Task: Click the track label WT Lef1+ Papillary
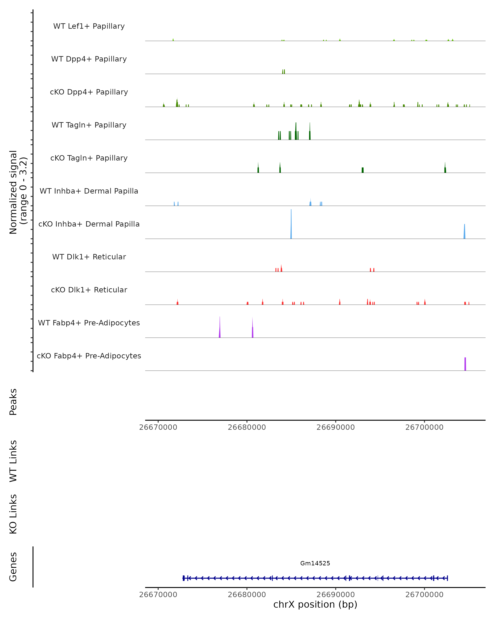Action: pyautogui.click(x=89, y=26)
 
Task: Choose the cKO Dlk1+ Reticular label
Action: pyautogui.click(x=89, y=290)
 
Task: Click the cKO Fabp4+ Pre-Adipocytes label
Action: pyautogui.click(x=89, y=356)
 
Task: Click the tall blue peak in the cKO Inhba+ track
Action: pyautogui.click(x=291, y=225)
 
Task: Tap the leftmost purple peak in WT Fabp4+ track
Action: pyautogui.click(x=220, y=329)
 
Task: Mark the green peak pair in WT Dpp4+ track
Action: pyautogui.click(x=284, y=72)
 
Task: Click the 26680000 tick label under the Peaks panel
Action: pyautogui.click(x=247, y=427)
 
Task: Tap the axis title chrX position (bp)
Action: pyautogui.click(x=315, y=604)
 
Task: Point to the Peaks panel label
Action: pyautogui.click(x=13, y=402)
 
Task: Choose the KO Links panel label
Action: pyautogui.click(x=13, y=514)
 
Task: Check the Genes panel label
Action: pyautogui.click(x=13, y=567)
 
